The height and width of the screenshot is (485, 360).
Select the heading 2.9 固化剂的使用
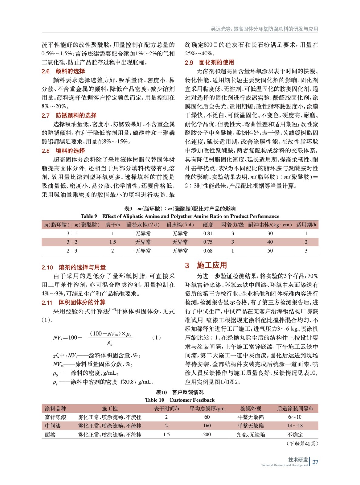209,62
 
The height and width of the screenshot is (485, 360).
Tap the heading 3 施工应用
206,265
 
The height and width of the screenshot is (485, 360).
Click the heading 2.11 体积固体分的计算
73,303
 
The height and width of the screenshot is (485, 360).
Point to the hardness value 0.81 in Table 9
208,233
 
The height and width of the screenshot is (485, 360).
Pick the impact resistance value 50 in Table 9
270,251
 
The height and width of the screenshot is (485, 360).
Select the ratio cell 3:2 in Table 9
72,242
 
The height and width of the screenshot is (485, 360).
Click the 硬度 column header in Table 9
208,225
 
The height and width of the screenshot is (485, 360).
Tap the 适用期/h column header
306,225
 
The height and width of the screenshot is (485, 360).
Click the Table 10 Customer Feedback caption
180,400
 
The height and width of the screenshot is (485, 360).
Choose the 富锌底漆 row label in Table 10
56,417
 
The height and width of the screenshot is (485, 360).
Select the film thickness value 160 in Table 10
207,426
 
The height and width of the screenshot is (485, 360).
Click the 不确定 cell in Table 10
295,435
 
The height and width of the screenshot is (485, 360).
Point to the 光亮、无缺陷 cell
251,435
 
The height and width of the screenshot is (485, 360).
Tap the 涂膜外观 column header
251,409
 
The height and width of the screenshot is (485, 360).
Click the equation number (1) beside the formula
156,337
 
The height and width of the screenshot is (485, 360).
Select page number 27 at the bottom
315,462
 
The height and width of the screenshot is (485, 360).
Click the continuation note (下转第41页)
302,444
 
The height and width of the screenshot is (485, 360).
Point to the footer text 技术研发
298,460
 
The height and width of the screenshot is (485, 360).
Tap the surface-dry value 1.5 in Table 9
113,242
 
